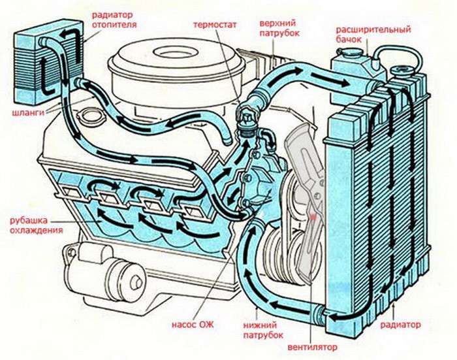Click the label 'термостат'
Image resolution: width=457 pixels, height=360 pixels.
pos(215,25)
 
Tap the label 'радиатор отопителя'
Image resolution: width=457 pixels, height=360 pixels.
pos(114,20)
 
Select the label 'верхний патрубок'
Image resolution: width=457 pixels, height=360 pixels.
pos(279,28)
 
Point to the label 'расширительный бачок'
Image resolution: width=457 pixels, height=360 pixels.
pos(373,34)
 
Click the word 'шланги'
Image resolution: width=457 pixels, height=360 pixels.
pos(28,112)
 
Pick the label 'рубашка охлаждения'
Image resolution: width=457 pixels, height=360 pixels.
pos(36,225)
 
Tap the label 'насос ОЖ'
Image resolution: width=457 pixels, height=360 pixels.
pos(193,324)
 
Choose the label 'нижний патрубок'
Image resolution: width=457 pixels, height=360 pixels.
pos(263,330)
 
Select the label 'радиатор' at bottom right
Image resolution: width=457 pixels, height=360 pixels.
pos(400,325)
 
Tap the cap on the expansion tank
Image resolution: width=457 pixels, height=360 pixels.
pos(351,52)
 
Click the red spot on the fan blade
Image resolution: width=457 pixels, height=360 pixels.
pos(313,217)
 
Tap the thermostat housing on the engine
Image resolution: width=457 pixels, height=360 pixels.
pos(247,118)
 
